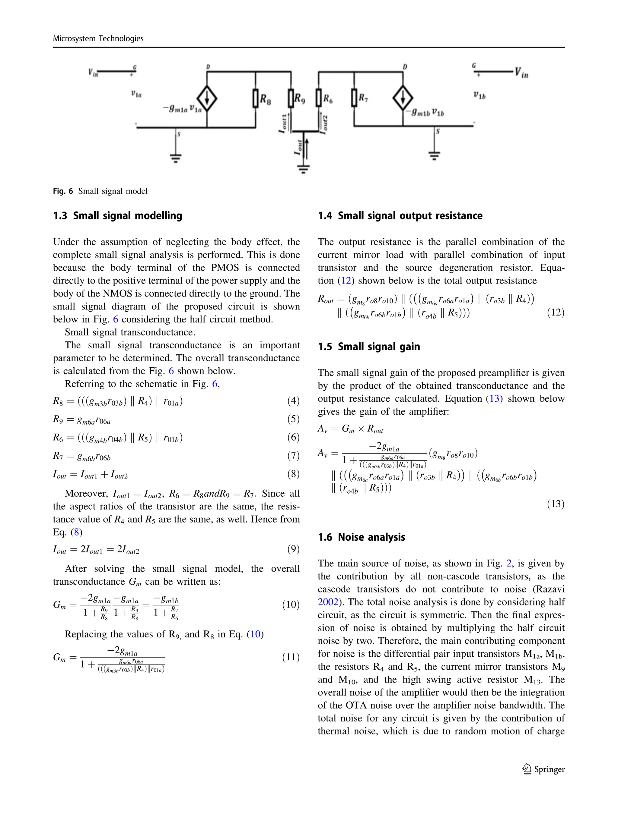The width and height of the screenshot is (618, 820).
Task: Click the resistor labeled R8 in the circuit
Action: (256, 99)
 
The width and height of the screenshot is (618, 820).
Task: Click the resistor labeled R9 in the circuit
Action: (291, 99)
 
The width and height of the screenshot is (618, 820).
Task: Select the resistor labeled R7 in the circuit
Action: (355, 98)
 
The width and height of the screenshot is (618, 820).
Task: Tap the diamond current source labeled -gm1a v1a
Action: (207, 99)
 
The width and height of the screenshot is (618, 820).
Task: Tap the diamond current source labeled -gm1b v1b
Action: (403, 98)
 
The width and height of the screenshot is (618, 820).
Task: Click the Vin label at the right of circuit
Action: (521, 73)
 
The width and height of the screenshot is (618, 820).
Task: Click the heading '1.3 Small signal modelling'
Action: (117, 215)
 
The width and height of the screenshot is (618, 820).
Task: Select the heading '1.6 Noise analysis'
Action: (361, 537)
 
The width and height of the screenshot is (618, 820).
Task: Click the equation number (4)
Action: (293, 401)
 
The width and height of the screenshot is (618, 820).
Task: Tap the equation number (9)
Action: (293, 549)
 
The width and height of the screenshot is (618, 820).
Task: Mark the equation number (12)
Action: (556, 312)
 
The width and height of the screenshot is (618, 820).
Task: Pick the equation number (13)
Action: (556, 504)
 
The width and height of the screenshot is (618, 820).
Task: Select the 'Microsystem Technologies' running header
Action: (98, 38)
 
